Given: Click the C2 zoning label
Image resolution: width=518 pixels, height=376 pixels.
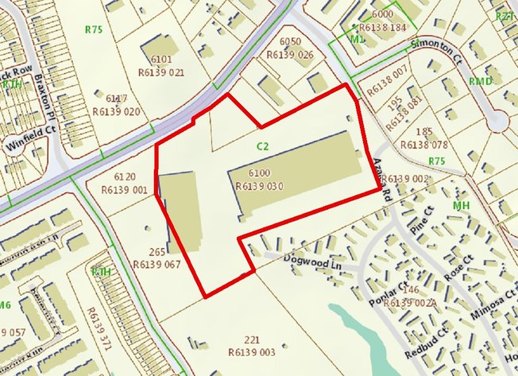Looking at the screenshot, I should click(x=263, y=145).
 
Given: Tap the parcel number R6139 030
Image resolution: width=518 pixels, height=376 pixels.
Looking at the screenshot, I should click(x=260, y=186).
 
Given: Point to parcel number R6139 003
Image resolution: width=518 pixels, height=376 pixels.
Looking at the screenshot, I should click(x=250, y=351).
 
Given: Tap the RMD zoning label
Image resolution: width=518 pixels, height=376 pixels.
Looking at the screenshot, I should click(x=480, y=82).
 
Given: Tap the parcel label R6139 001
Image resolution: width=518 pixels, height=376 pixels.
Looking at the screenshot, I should click(x=126, y=190).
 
